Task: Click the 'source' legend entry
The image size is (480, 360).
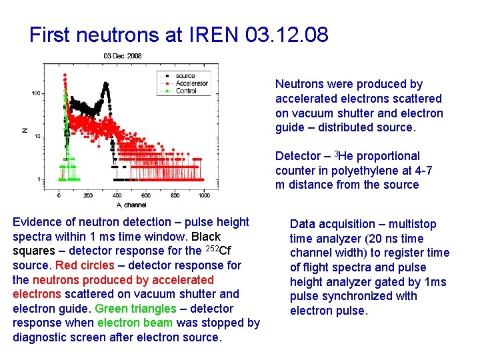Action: click(x=185, y=76)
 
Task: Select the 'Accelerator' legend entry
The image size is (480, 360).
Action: click(x=191, y=83)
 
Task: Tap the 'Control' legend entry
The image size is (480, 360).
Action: click(x=186, y=91)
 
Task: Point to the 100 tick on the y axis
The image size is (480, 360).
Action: click(x=37, y=93)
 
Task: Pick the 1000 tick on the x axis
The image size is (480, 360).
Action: click(x=204, y=195)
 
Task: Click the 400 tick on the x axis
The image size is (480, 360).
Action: click(x=117, y=195)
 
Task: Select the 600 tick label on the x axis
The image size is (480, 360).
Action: click(x=146, y=195)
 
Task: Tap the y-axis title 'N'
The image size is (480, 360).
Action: click(x=25, y=130)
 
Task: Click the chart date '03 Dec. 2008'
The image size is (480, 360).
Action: click(x=123, y=56)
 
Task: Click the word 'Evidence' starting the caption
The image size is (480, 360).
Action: click(x=38, y=222)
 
